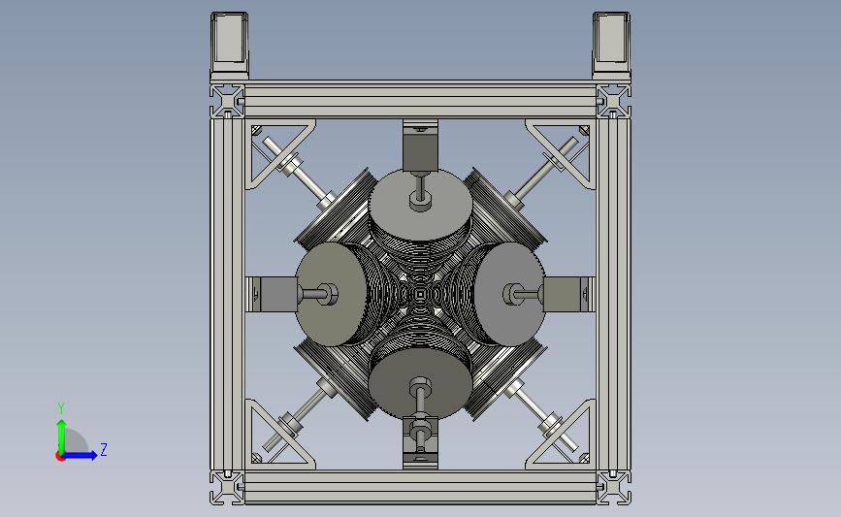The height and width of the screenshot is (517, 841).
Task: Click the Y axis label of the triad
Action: (61, 408)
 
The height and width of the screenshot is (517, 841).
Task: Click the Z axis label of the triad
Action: (104, 449)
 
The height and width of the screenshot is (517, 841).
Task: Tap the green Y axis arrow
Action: (61, 436)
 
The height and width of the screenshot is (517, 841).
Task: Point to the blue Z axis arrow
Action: (80, 455)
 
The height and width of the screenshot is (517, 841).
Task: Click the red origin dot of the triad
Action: (60, 456)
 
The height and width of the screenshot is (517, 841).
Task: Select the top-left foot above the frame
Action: (229, 47)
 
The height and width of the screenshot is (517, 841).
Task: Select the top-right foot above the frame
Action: (611, 47)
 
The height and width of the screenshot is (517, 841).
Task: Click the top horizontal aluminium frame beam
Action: (421, 100)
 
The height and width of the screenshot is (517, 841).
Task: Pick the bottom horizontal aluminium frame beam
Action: (421, 487)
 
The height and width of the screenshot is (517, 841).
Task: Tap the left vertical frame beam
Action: (227, 294)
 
